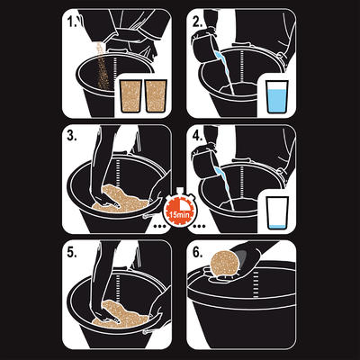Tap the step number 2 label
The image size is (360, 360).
(x=197, y=22)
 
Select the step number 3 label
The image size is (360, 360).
(x=72, y=136)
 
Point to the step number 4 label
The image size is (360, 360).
(x=197, y=136)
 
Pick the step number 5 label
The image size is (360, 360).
(x=72, y=252)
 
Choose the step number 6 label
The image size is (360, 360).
(x=197, y=252)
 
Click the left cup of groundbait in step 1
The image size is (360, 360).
(x=130, y=96)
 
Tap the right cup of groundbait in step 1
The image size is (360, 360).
(x=156, y=96)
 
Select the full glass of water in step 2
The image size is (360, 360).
(x=277, y=96)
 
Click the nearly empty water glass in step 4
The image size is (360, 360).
(x=277, y=213)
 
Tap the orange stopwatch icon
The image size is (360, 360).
(x=179, y=207)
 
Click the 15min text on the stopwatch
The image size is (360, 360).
(x=178, y=214)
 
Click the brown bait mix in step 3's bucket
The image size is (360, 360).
(x=120, y=200)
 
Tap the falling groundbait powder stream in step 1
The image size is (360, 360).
(x=102, y=66)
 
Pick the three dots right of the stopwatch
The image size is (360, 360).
(x=200, y=226)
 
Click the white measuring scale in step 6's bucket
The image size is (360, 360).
(x=256, y=284)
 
